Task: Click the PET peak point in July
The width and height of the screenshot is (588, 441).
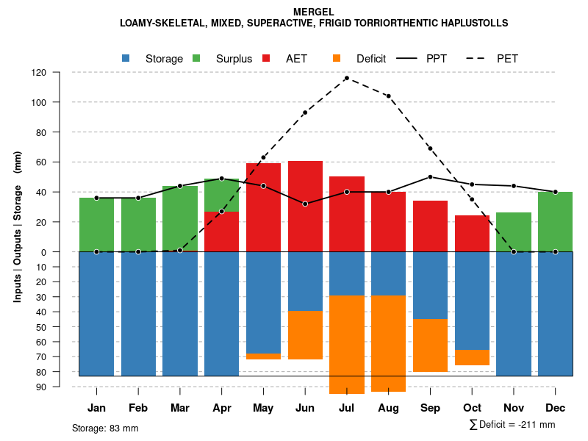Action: click(346, 78)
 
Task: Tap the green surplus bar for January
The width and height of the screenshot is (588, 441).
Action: click(96, 224)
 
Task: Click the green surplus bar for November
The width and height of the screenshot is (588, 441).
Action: click(514, 232)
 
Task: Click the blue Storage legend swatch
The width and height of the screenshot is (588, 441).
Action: click(126, 59)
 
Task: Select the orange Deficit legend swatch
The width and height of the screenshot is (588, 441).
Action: click(337, 59)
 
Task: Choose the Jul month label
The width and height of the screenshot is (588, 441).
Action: click(347, 408)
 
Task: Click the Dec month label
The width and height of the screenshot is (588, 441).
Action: click(556, 408)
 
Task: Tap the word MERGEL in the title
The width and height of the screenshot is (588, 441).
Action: click(313, 12)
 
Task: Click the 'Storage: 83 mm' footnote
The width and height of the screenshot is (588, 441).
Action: click(105, 428)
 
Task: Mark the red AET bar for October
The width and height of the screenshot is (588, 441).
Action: click(472, 233)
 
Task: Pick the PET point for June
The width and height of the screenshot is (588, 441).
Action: click(305, 112)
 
